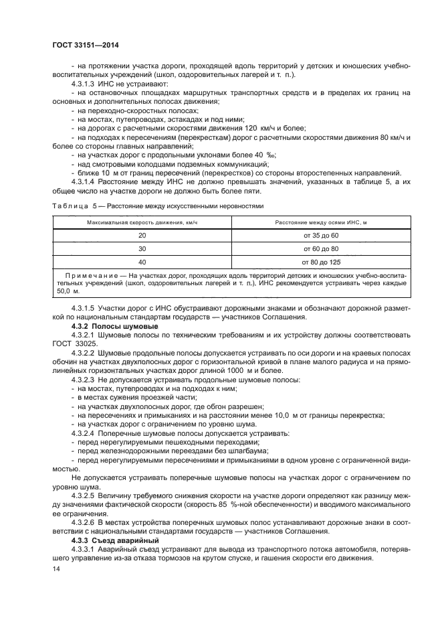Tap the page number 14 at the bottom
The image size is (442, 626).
tap(56, 568)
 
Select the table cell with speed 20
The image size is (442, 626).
tap(142, 235)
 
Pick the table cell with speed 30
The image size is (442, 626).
tap(142, 248)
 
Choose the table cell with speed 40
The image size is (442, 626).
tap(142, 262)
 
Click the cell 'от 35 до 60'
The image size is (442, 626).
tap(320, 235)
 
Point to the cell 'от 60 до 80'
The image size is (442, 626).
tap(320, 248)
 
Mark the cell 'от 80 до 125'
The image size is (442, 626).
tap(320, 262)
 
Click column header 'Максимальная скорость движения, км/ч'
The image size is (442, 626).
tap(142, 222)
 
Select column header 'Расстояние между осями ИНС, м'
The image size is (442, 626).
tap(320, 222)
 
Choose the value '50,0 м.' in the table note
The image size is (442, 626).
tap(68, 291)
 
